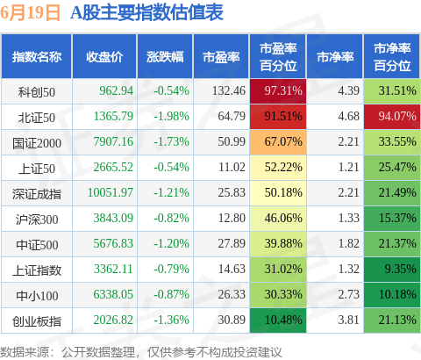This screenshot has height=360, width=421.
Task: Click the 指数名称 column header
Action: tap(37, 56)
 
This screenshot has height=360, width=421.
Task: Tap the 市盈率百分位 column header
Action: tap(278, 56)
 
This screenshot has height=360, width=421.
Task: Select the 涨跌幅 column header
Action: tap(165, 56)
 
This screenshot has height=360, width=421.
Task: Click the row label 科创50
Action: tap(37, 92)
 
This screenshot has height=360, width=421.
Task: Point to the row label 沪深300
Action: tap(37, 220)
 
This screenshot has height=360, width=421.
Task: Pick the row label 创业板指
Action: tap(37, 321)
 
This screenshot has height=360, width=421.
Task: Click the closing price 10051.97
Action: tap(111, 192)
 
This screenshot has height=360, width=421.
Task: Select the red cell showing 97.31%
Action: tap(278, 91)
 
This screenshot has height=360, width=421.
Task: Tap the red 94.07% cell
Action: tap(392, 117)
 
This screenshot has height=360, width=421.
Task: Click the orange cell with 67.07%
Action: tap(278, 142)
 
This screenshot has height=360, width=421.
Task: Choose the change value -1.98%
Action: tap(172, 117)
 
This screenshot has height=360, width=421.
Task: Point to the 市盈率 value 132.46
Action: tap(229, 91)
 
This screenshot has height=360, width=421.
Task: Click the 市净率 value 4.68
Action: tap(348, 117)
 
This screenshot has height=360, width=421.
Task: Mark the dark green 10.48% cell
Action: tap(278, 320)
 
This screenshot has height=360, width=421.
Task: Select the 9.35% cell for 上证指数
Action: tap(392, 270)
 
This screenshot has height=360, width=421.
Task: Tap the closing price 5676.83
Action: tap(113, 243)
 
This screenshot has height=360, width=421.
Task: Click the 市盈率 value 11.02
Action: tap(232, 168)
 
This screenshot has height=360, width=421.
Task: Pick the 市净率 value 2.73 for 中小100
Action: tap(348, 294)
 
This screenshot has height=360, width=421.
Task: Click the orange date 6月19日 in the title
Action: tap(30, 13)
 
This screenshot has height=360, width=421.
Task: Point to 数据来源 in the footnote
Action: tap(25, 352)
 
